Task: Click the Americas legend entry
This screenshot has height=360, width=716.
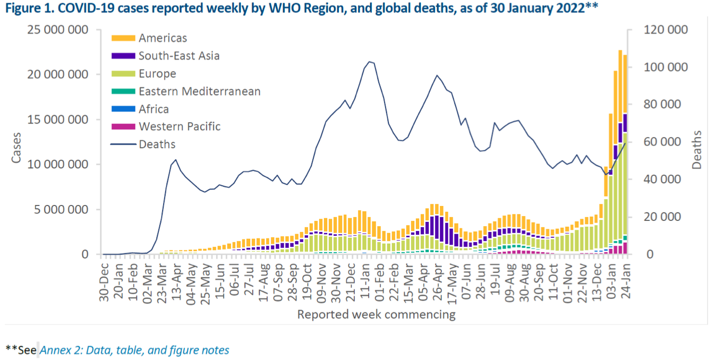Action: tap(163, 38)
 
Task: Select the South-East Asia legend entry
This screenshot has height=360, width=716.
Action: tap(178, 55)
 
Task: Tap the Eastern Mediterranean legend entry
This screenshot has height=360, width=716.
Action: tap(199, 91)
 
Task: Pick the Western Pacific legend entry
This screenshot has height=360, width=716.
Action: tap(179, 126)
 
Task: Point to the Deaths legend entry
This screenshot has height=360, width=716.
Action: tap(157, 144)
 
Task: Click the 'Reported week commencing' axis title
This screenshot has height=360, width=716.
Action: tap(376, 314)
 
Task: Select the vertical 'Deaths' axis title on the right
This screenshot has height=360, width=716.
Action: tap(697, 150)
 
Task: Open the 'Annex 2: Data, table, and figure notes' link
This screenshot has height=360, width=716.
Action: tap(134, 350)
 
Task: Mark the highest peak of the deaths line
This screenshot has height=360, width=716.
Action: tap(370, 62)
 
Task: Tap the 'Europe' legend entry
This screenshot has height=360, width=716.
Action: tap(157, 73)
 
